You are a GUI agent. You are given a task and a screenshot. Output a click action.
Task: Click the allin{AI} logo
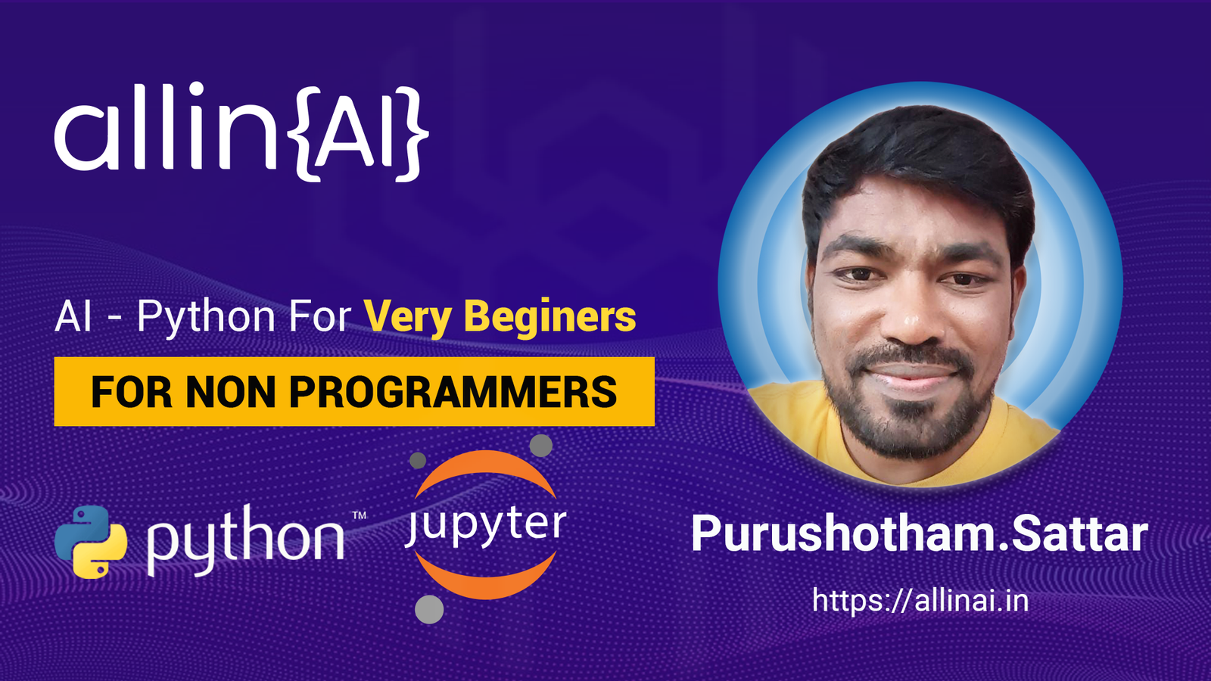(x=241, y=132)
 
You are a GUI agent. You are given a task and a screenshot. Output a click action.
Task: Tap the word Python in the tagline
(x=206, y=318)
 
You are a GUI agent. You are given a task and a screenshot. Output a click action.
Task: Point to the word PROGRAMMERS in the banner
(x=453, y=392)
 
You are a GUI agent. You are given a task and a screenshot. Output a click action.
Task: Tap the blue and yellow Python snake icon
(x=91, y=542)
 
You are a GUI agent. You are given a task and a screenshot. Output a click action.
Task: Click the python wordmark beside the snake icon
(x=246, y=540)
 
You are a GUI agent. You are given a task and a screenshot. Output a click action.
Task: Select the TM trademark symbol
(x=359, y=515)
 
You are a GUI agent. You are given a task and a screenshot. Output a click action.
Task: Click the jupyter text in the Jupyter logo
(x=485, y=526)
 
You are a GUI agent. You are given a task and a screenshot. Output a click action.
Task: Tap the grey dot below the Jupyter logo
(x=429, y=610)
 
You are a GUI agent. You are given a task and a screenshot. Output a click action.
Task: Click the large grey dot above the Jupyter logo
(x=540, y=446)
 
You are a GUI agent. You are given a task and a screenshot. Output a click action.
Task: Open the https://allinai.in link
(x=920, y=601)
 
